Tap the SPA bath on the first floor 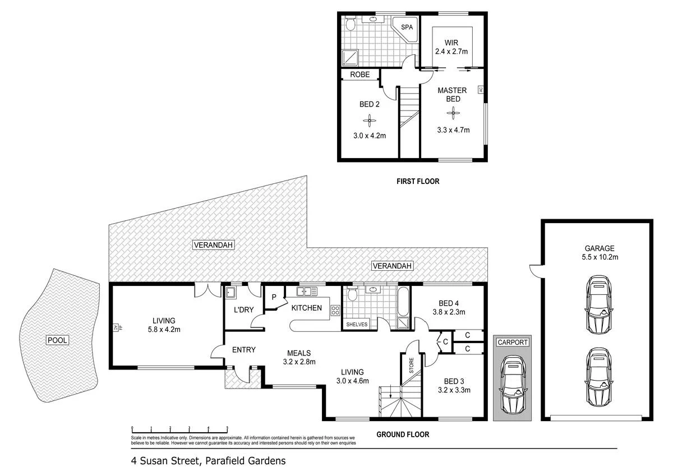click(405, 28)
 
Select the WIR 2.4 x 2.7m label click(451, 47)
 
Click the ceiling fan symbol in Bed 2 click(370, 119)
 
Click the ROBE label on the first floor click(359, 74)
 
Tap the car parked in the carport click(511, 384)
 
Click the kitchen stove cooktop click(335, 311)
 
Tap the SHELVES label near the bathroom click(357, 324)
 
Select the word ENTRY click(243, 350)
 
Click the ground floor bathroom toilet click(352, 294)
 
